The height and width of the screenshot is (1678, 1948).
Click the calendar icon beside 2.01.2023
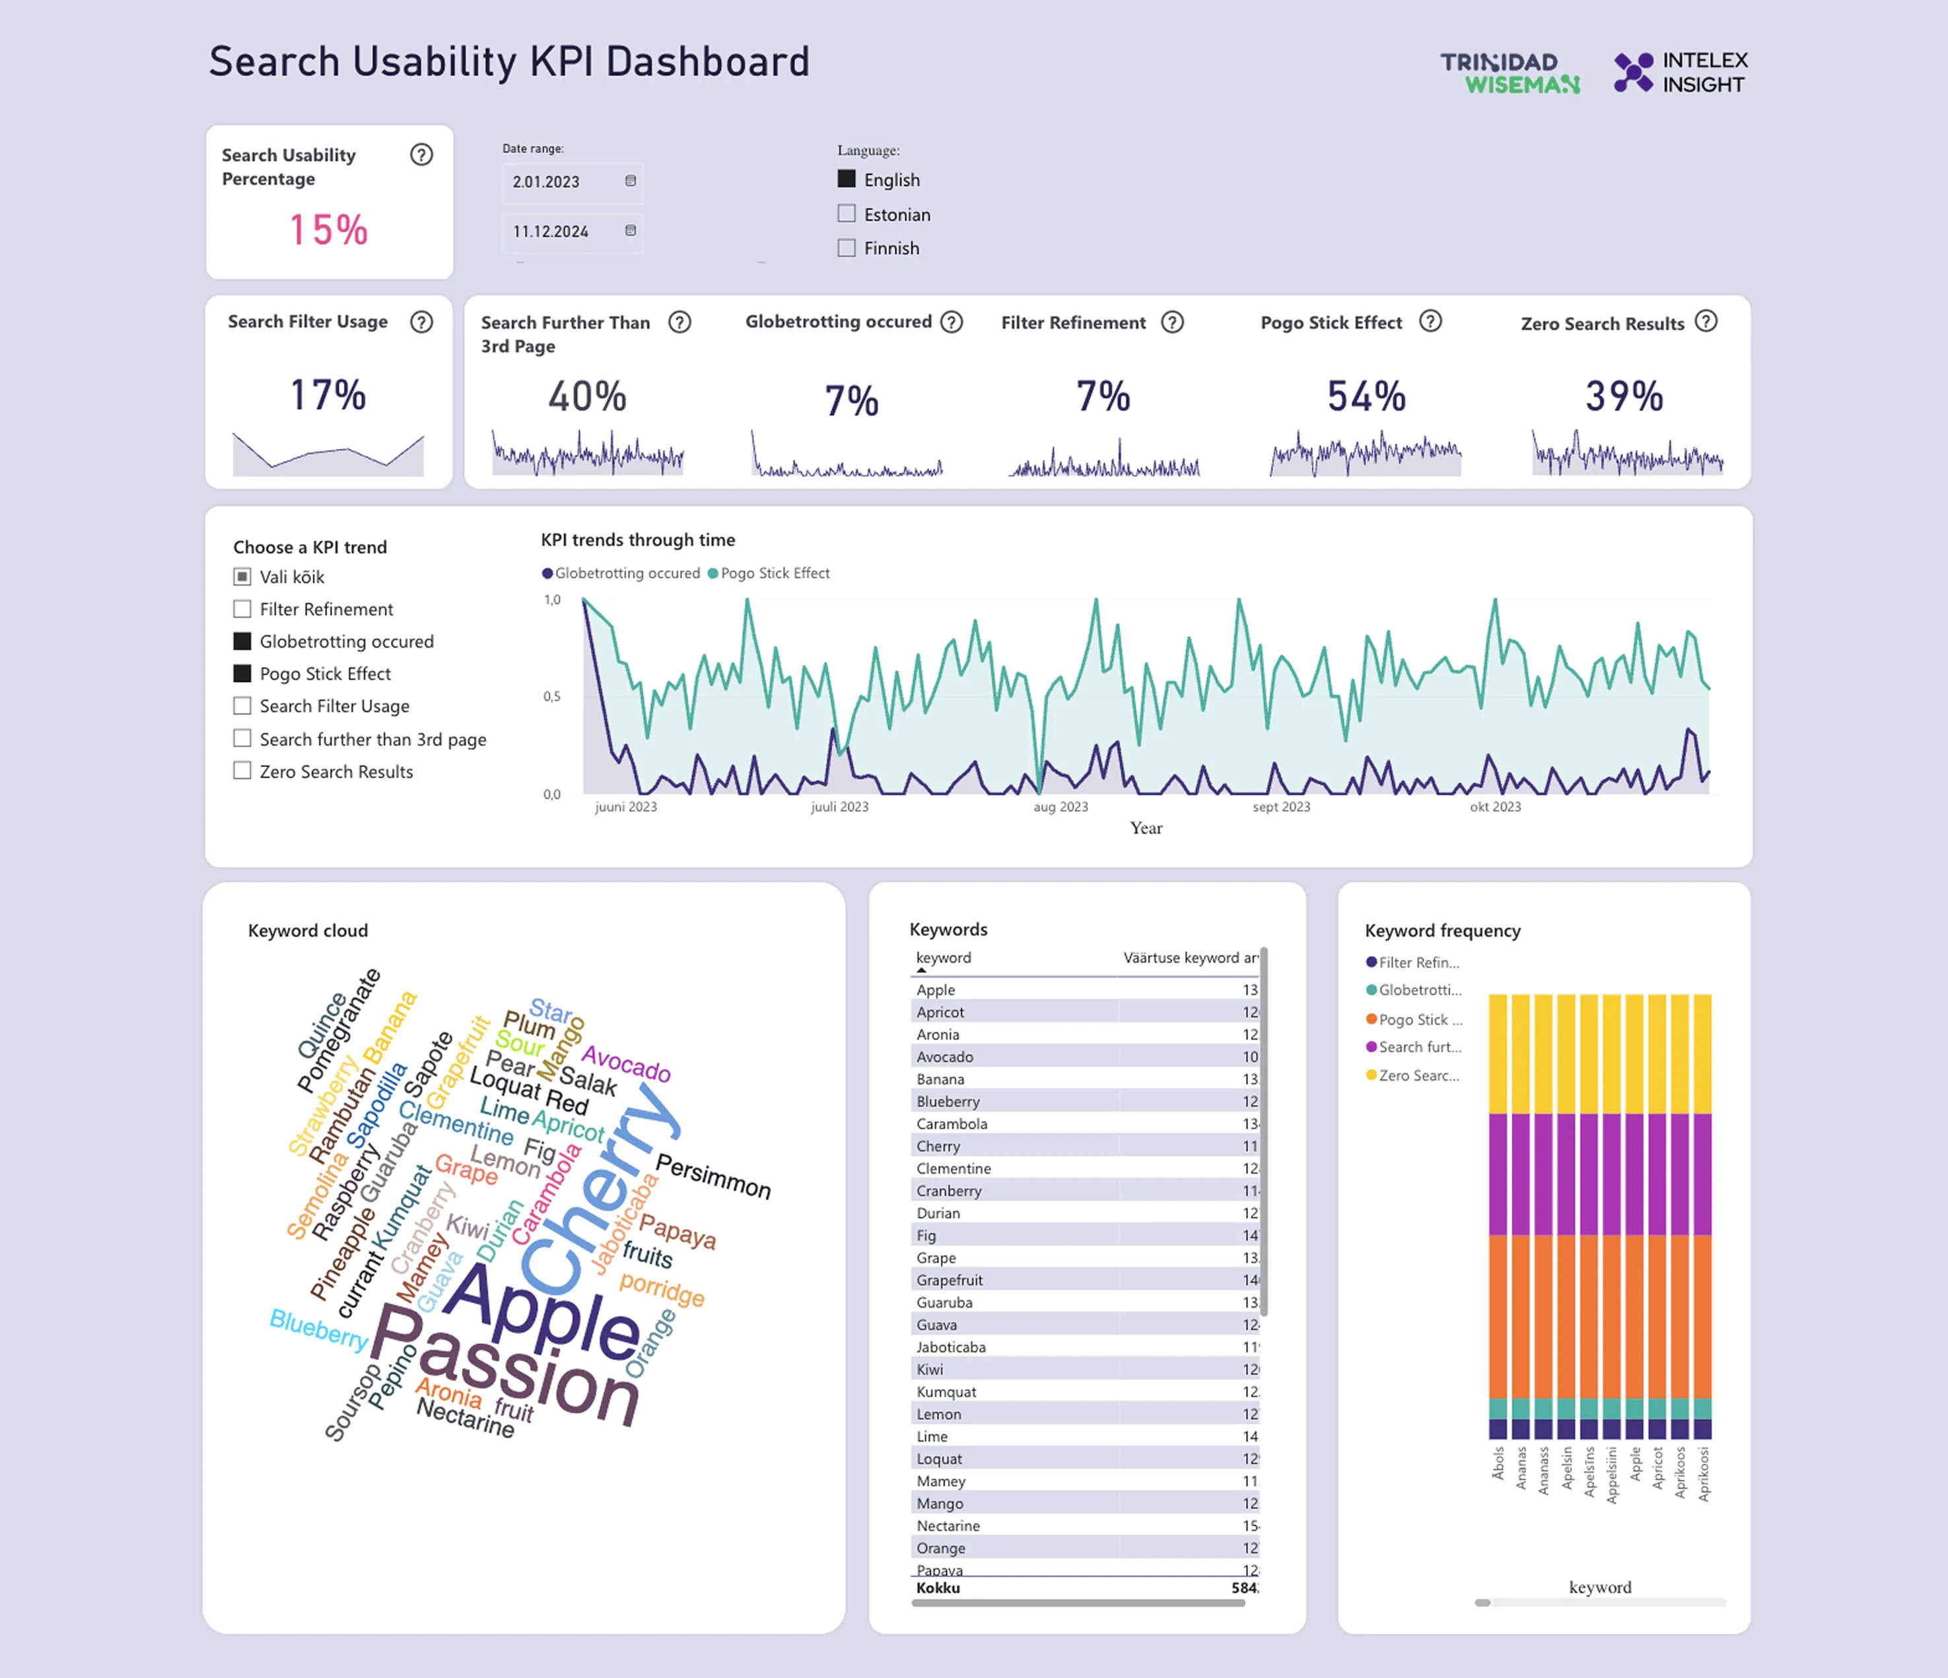[631, 180]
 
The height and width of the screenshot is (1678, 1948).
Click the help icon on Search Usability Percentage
[421, 155]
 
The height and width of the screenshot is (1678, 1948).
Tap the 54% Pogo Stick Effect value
[1366, 396]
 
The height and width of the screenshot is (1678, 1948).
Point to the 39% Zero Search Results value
[1624, 396]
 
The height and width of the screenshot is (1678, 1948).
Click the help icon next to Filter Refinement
[1172, 322]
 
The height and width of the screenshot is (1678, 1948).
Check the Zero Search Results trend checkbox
[242, 771]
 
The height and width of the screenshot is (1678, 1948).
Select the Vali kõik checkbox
[242, 576]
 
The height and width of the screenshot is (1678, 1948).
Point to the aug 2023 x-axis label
[1061, 807]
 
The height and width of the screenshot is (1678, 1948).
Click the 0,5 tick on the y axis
[552, 696]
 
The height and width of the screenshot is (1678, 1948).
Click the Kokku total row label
[938, 1588]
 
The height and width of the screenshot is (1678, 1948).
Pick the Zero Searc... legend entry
[1418, 1075]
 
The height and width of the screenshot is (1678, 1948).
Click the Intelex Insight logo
[1680, 73]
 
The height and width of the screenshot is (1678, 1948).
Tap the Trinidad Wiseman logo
[1510, 73]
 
